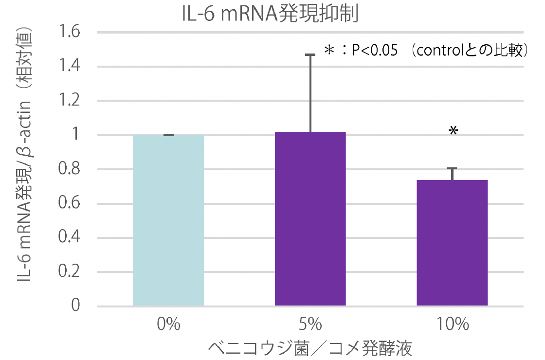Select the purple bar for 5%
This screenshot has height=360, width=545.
[310, 219]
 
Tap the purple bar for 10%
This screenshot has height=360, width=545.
[452, 243]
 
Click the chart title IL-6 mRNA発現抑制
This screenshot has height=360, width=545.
[270, 14]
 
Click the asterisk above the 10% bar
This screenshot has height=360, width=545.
[453, 130]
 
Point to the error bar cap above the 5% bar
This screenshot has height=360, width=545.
[310, 55]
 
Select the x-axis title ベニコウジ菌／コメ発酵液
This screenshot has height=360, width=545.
[310, 347]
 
